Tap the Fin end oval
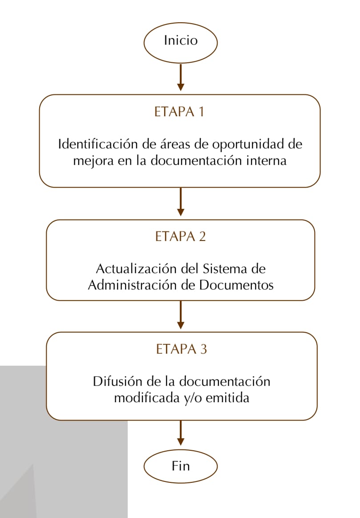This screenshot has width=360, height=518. click(181, 466)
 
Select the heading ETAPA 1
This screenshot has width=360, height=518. click(179, 112)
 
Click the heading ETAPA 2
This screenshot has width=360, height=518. click(180, 237)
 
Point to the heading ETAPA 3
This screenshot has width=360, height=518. click(181, 349)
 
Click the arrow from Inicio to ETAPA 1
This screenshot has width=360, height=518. click(181, 77)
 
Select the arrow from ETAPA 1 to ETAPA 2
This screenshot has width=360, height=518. click(181, 202)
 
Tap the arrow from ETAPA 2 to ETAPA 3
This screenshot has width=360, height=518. click(181, 315)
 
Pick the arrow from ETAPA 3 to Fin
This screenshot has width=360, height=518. click(181, 433)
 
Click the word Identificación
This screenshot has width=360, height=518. click(98, 144)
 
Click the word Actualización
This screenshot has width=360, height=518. click(135, 269)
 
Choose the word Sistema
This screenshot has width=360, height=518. click(225, 269)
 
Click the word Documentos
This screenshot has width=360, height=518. click(236, 285)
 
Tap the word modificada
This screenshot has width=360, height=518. click(147, 398)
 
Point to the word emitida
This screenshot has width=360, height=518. click(227, 398)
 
